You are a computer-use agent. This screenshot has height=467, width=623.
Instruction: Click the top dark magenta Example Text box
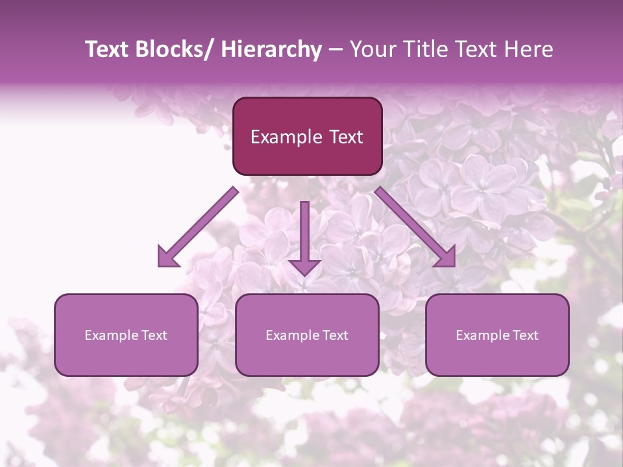307,136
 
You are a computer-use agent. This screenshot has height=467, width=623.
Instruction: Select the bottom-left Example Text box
126,335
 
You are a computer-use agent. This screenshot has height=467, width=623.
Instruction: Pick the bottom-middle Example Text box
307,335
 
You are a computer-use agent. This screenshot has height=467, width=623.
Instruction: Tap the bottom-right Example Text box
497,335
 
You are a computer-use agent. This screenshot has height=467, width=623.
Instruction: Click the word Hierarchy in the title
271,50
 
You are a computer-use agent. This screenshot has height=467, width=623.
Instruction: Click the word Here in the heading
528,50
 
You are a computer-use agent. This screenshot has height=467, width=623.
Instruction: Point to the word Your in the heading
373,50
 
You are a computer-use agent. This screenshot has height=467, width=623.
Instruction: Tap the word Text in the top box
345,137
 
